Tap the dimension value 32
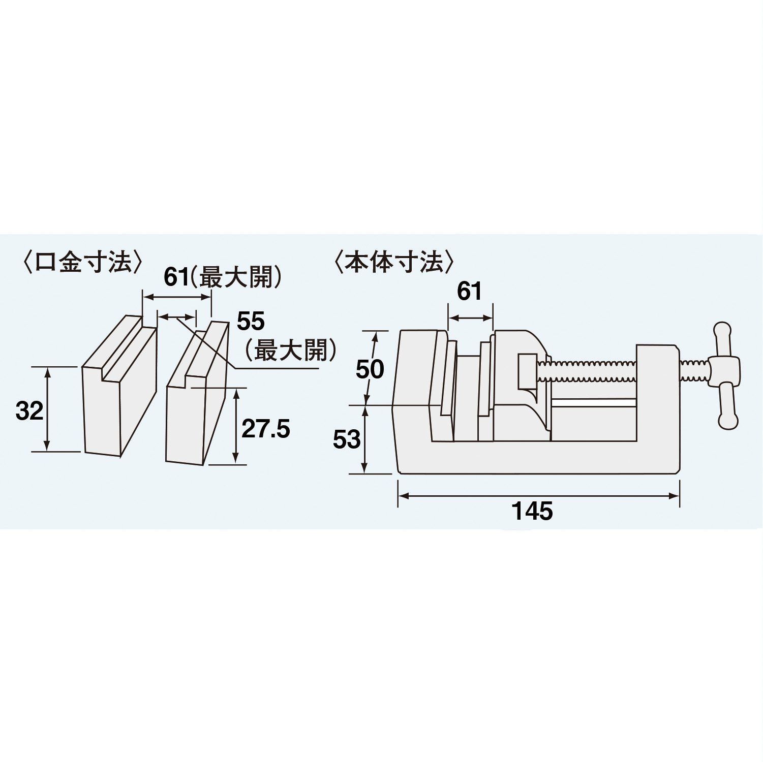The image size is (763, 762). coord(29,410)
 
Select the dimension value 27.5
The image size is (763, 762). coord(265,429)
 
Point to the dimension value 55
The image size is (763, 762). coord(251,322)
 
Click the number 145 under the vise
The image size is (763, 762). coord(532,511)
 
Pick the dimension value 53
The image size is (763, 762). coord(347,439)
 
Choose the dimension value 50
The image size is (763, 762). coord(370,369)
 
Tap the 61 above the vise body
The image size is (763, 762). coord(469,292)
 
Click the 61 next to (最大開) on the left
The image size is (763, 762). coord(176,278)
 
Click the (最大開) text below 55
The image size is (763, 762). coord(289,350)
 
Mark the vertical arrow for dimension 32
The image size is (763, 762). coord(47,409)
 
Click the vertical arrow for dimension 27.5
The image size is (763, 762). coord(235,426)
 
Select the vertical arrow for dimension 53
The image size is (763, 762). coord(365,439)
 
